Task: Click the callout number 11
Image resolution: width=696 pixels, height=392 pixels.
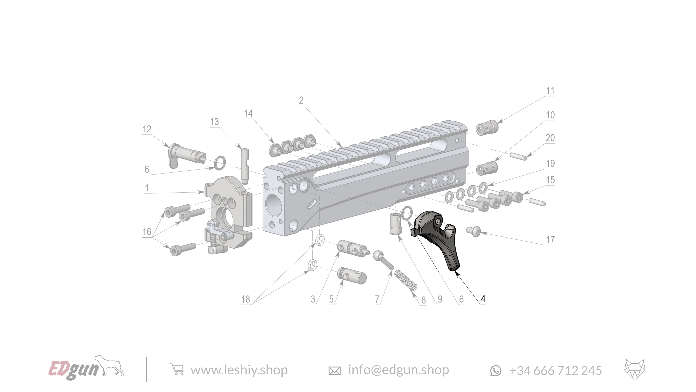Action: click(x=550, y=91)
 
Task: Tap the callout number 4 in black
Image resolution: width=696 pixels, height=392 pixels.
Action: click(x=483, y=299)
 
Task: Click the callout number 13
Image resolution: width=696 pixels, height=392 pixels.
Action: click(x=215, y=122)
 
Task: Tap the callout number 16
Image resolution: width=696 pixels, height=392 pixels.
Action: click(x=147, y=232)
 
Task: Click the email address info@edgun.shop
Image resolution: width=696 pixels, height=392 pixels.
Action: click(x=398, y=370)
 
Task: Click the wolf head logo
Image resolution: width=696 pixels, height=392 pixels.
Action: click(x=635, y=369)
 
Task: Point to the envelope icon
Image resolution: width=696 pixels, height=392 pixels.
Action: click(x=334, y=371)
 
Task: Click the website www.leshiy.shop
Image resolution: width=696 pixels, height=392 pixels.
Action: click(x=239, y=370)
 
